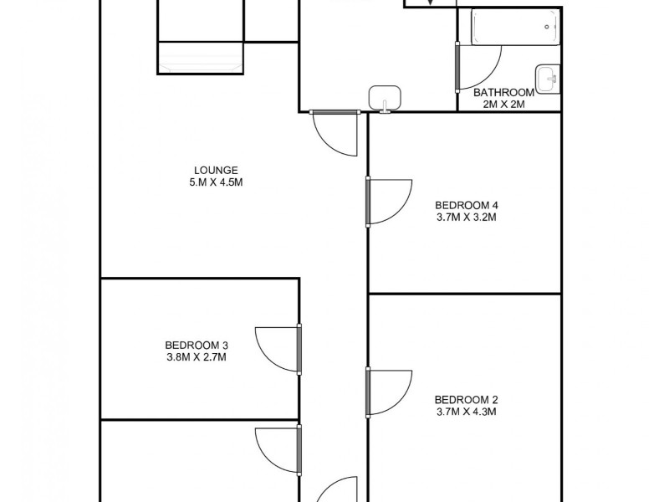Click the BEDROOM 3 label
click(197, 345)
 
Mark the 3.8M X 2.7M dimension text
click(197, 357)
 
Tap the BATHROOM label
click(503, 92)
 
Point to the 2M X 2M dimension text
click(503, 105)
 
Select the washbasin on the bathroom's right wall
click(549, 79)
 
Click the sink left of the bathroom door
click(385, 97)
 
